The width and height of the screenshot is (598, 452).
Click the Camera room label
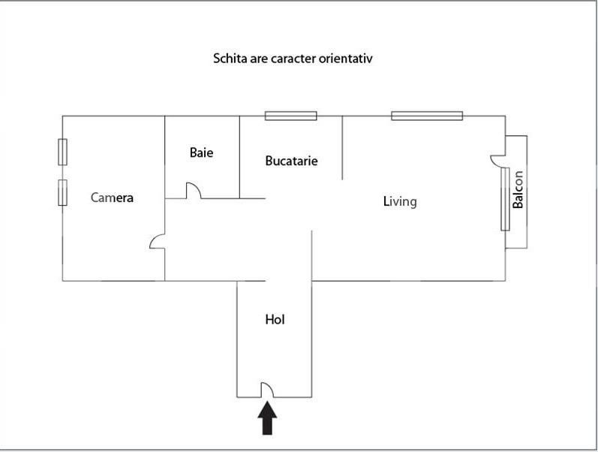(112, 198)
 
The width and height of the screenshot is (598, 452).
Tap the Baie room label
(201, 152)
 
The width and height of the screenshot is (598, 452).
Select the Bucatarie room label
(291, 161)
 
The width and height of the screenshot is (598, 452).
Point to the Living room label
(399, 201)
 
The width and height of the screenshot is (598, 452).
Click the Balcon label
(518, 191)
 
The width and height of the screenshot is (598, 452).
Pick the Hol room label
(275, 319)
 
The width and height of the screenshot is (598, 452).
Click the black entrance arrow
(268, 418)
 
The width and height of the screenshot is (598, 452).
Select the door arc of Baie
(194, 191)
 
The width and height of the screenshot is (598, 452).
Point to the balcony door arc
(497, 159)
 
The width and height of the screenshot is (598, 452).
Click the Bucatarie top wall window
(290, 116)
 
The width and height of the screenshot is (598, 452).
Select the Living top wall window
(426, 116)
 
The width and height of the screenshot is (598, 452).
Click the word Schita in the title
(230, 58)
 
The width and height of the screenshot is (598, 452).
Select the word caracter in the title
(293, 58)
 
